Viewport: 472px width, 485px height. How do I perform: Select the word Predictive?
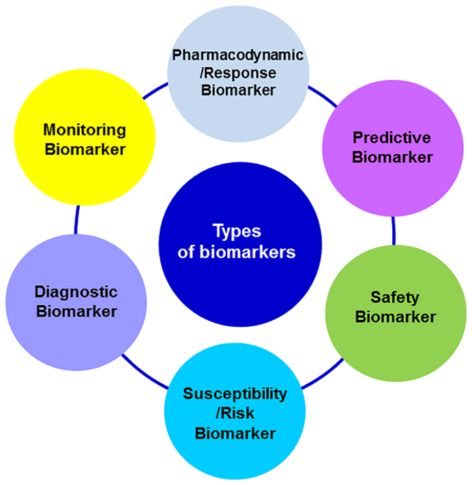392,138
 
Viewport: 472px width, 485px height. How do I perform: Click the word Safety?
395,297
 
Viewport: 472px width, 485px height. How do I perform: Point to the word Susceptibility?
235,394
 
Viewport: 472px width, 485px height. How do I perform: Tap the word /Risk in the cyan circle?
235,413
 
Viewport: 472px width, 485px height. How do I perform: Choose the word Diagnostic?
76,292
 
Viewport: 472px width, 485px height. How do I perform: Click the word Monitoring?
85,130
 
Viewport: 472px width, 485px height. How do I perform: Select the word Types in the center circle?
236,231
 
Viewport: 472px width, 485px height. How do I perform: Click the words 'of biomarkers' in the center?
236,252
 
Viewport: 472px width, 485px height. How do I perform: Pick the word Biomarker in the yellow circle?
85,149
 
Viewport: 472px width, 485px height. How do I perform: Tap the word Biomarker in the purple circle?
392,158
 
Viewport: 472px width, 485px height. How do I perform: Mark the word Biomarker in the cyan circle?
235,433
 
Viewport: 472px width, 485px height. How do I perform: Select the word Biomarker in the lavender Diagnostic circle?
76,312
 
